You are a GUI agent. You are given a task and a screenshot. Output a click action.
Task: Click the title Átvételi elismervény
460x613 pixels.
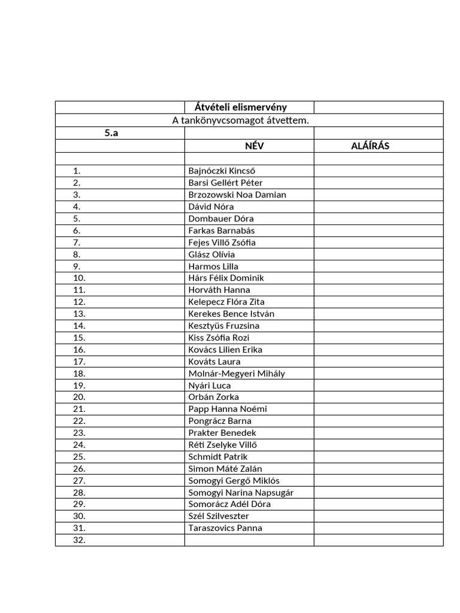point(241,108)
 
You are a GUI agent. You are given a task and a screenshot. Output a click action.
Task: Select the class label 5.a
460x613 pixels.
point(111,133)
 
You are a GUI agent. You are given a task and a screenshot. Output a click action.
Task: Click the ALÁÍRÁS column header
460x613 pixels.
point(370,146)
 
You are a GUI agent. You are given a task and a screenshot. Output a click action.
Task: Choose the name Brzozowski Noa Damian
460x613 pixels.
point(237,195)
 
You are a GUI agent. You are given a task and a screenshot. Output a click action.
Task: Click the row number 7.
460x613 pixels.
point(77,242)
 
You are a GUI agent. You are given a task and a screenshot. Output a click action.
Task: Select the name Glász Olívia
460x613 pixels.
point(211,254)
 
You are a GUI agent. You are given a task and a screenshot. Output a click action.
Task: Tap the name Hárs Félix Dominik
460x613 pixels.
point(226,278)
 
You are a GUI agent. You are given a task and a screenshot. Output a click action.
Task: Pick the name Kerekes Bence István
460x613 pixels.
point(231,314)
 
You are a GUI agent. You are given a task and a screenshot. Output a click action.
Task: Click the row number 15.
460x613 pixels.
point(79,338)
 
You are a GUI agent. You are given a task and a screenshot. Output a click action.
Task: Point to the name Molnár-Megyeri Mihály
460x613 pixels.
point(237,374)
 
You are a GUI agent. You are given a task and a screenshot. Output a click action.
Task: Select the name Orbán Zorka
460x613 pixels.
point(213,397)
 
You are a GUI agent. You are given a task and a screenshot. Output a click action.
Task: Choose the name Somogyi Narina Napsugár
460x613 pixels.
point(241,493)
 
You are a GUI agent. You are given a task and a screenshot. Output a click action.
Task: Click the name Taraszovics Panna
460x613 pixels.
point(225,528)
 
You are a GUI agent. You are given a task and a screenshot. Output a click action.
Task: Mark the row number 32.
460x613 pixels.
point(79,540)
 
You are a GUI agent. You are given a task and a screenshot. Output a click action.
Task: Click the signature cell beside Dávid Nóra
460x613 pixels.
point(379,207)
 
